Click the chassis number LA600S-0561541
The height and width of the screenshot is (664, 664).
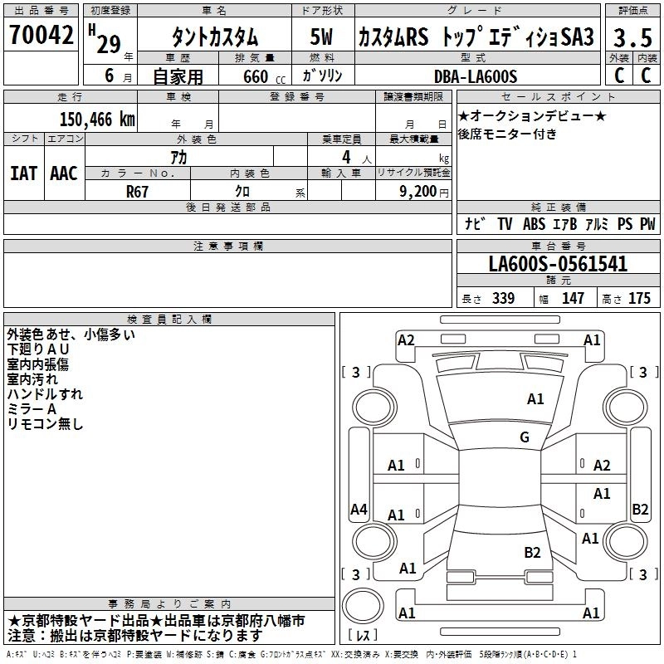(558, 265)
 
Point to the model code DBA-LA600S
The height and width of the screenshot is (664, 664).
(476, 76)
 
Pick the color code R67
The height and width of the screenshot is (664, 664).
(138, 190)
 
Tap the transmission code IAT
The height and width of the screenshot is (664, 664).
(23, 173)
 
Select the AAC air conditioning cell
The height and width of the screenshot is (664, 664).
(64, 173)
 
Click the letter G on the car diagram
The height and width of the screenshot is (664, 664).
(525, 437)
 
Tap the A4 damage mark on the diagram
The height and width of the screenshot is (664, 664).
(359, 510)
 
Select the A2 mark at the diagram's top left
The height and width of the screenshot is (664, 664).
(406, 339)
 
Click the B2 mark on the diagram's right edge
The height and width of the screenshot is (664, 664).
(640, 510)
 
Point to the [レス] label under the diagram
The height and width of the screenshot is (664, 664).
(362, 636)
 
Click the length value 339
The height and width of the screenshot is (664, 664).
(503, 299)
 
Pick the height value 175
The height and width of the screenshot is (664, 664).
(639, 299)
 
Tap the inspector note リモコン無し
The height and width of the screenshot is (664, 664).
(45, 424)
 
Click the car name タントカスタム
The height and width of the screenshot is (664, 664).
(214, 37)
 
